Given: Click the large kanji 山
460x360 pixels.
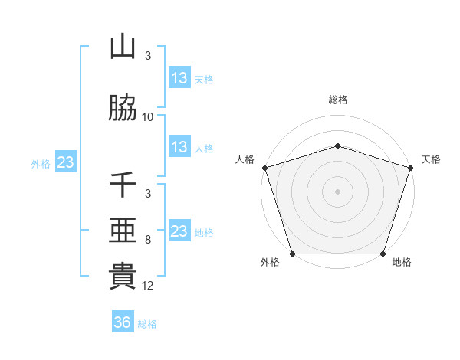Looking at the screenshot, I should (123, 47).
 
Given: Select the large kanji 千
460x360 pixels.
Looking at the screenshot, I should (123, 185).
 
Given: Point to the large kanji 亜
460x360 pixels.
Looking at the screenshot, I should (123, 231).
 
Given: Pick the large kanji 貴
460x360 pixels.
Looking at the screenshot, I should (123, 277).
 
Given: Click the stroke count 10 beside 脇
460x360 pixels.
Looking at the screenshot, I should (148, 116).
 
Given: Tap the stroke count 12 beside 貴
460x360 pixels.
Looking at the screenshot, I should (148, 285).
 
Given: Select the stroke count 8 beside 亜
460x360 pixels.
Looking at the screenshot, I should (148, 239).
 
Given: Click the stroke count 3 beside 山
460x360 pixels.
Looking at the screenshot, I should (148, 55).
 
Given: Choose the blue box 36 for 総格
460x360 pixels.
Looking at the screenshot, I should (122, 322).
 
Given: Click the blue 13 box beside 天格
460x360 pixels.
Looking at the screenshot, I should (179, 78).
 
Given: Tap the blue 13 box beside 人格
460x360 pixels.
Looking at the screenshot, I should (179, 147).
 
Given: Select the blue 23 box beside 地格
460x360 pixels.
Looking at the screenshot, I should (179, 231).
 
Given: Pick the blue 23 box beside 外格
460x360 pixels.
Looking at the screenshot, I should (65, 162).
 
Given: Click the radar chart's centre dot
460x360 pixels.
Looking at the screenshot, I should (337, 191).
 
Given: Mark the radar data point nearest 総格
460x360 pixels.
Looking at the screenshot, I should (337, 146).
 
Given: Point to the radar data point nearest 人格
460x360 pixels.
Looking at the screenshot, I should (265, 168).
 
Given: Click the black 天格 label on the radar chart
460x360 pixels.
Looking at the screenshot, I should (431, 159).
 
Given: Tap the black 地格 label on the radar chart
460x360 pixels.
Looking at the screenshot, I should (402, 263).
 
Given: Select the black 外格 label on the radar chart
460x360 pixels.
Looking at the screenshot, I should (270, 263).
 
